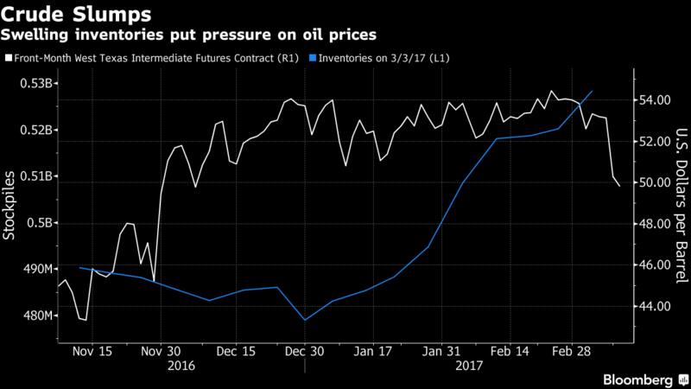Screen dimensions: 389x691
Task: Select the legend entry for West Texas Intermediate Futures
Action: [155, 58]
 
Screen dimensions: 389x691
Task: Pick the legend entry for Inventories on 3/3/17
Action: [385, 58]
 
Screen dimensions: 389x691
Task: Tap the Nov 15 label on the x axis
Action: [92, 352]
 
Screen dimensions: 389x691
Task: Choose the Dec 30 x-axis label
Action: [304, 352]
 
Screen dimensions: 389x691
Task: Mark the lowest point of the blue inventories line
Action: [305, 320]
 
